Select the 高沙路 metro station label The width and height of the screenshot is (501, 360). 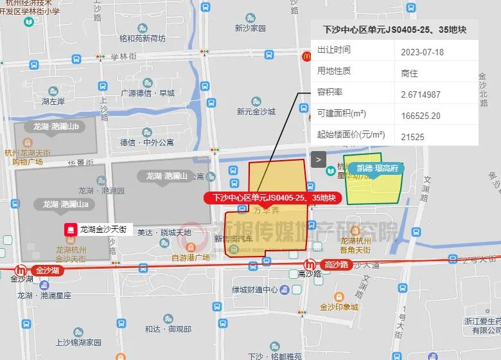(x=335, y=264)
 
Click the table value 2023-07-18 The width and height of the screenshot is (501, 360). (x=422, y=51)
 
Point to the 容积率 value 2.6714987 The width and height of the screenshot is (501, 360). (x=421, y=94)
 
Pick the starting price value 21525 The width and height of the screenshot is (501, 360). (x=412, y=136)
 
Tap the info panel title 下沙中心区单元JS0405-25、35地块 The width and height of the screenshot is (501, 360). (x=394, y=30)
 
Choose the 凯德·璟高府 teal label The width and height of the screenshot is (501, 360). (x=377, y=168)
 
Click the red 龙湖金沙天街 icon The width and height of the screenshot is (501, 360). (x=67, y=229)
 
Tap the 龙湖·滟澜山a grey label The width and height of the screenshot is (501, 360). (x=65, y=204)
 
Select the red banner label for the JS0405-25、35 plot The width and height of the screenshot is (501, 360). (x=274, y=198)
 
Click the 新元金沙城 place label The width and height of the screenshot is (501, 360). (x=256, y=111)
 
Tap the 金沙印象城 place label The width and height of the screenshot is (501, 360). (x=338, y=307)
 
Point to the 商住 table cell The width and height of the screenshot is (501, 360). (x=409, y=73)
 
